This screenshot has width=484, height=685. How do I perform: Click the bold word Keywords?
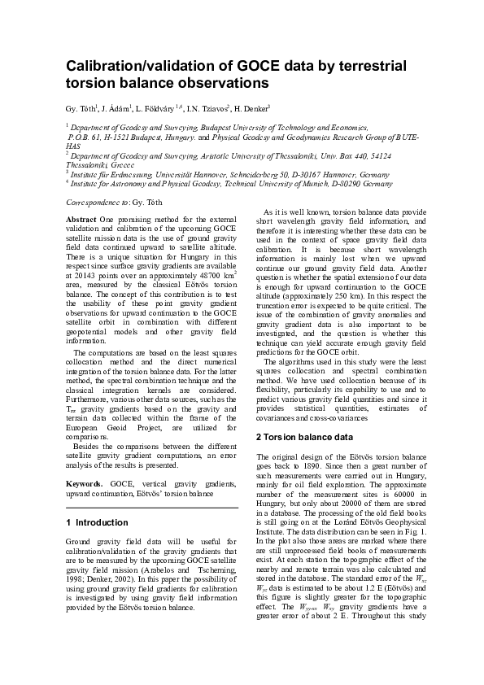85,483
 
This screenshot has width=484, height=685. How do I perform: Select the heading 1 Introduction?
96,522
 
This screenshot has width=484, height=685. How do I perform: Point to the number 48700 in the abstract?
194,274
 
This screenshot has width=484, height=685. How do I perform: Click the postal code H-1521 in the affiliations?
121,139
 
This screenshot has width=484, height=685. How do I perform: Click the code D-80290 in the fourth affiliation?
325,184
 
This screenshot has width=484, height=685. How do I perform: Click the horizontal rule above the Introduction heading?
150,508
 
